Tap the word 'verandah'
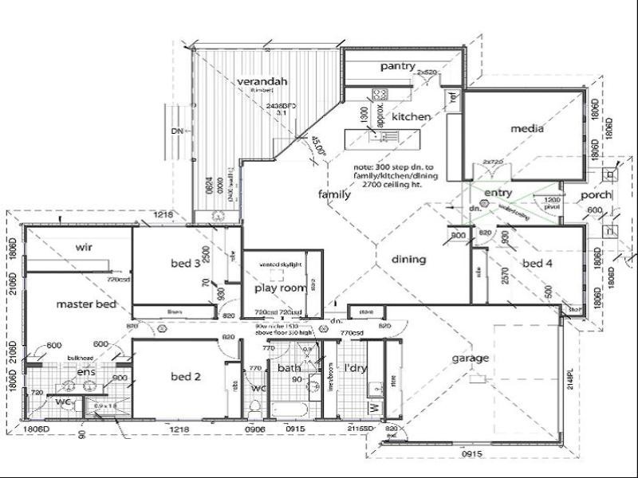pyautogui.click(x=262, y=81)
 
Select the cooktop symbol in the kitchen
pyautogui.click(x=380, y=93)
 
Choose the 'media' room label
pyautogui.click(x=527, y=128)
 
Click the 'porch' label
pyautogui.click(x=596, y=195)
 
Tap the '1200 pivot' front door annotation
pyautogui.click(x=551, y=203)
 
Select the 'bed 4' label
pyautogui.click(x=537, y=263)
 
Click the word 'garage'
pyautogui.click(x=470, y=358)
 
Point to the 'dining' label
pyautogui.click(x=408, y=259)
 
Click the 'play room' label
pyautogui.click(x=281, y=288)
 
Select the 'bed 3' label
pyautogui.click(x=185, y=263)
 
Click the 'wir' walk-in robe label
pyautogui.click(x=85, y=247)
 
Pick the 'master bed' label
pyautogui.click(x=86, y=304)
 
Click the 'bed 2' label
pyautogui.click(x=185, y=376)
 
